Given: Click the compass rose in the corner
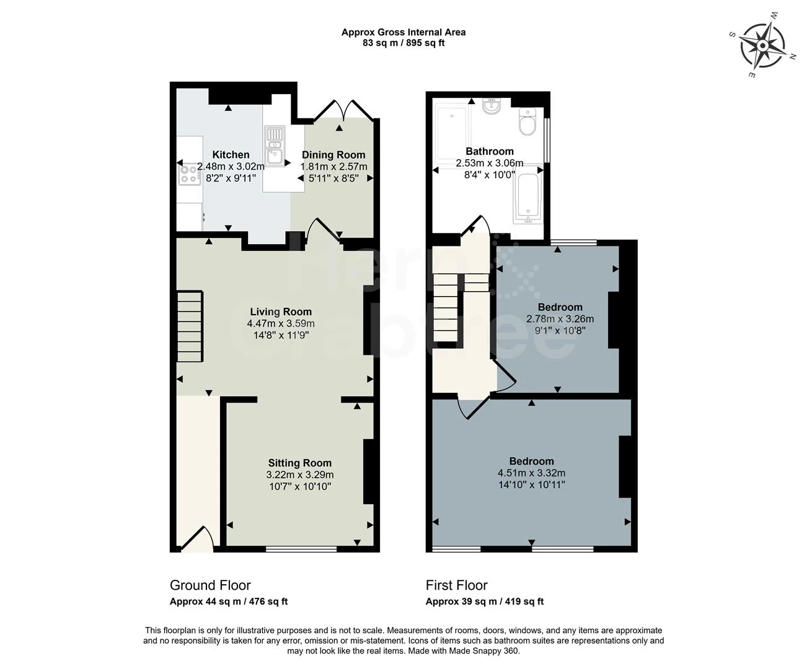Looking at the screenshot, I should [762, 45].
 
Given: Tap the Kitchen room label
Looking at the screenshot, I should [231, 155].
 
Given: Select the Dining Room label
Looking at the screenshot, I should [333, 155].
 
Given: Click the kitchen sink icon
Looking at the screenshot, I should [273, 146].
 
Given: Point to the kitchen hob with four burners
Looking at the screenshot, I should [188, 174].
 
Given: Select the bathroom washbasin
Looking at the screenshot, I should [492, 107].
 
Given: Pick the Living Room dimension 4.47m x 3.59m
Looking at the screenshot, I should [281, 323].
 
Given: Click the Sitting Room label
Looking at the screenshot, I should [300, 463].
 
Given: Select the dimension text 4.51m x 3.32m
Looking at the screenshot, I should [531, 473].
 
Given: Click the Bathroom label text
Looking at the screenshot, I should [490, 151].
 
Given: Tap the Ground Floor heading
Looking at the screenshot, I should [210, 585].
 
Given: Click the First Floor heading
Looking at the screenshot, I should [456, 585].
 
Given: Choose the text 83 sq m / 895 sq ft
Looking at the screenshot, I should [403, 43].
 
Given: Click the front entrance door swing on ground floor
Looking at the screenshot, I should [197, 539].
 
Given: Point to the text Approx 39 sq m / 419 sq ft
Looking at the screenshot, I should [485, 601].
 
